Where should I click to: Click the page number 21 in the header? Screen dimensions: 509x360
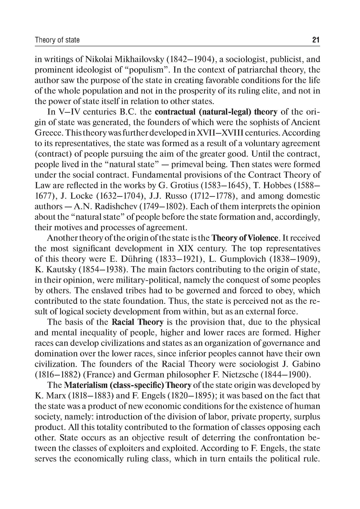tap(316, 40)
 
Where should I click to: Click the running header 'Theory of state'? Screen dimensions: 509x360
tap(57, 40)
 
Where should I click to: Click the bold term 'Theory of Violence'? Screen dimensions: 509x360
tap(245, 238)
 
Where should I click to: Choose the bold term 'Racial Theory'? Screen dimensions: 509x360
tap(138, 322)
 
